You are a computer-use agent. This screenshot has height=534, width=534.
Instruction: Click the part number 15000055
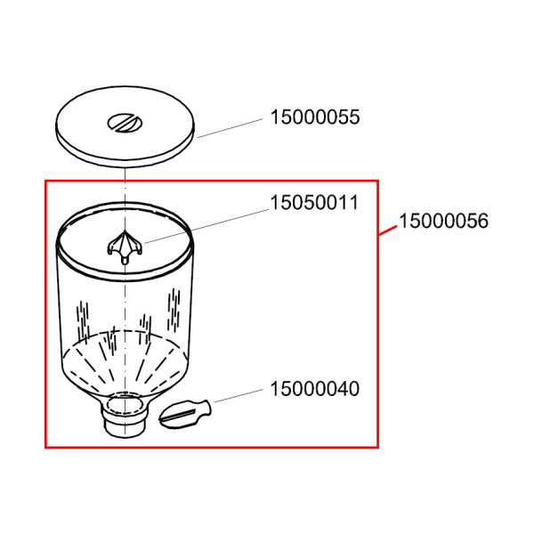[315, 117]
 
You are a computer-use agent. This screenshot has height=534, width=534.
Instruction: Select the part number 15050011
[314, 203]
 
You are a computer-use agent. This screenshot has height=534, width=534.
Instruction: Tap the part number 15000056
[443, 221]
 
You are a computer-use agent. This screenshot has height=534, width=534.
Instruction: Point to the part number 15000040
[315, 389]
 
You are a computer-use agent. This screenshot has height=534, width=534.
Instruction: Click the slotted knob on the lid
[125, 123]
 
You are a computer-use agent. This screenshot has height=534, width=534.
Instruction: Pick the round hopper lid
[125, 126]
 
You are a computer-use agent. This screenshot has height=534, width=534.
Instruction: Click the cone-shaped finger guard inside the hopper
[125, 246]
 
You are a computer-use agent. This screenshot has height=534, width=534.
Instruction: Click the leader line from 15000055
[231, 128]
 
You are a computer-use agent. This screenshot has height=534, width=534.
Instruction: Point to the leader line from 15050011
[206, 226]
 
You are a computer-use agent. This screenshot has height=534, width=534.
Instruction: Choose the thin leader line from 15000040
[239, 395]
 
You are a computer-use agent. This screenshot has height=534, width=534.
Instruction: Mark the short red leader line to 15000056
[388, 231]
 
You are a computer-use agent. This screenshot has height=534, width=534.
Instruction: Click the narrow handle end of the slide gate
[204, 407]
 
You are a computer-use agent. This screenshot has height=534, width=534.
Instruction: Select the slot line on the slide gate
[179, 415]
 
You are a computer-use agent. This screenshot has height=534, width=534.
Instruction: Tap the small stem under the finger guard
[125, 260]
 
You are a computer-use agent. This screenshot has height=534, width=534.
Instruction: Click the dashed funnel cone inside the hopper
[125, 361]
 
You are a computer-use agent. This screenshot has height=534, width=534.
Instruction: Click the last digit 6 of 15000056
[483, 221]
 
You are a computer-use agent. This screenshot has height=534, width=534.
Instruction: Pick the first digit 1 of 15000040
[274, 389]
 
